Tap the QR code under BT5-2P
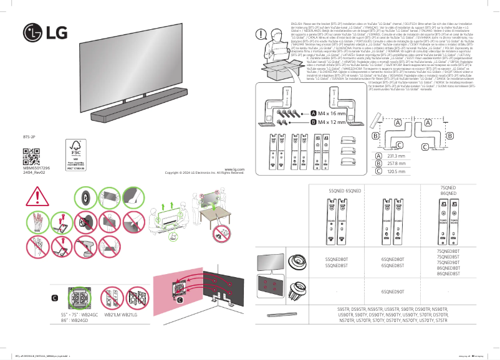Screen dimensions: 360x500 pos(31,154)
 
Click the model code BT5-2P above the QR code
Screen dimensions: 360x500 pos(29,135)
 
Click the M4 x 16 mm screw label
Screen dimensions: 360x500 pos(331,113)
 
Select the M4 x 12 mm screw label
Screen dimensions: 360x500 pos(331,123)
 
